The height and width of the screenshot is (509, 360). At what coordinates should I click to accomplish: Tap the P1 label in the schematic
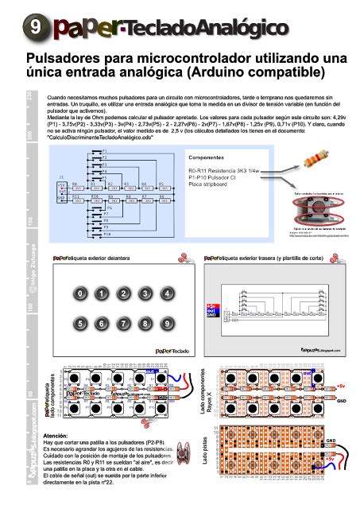pyautogui.click(x=105, y=150)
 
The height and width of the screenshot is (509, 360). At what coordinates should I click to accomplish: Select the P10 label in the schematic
pyautogui.click(x=106, y=234)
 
